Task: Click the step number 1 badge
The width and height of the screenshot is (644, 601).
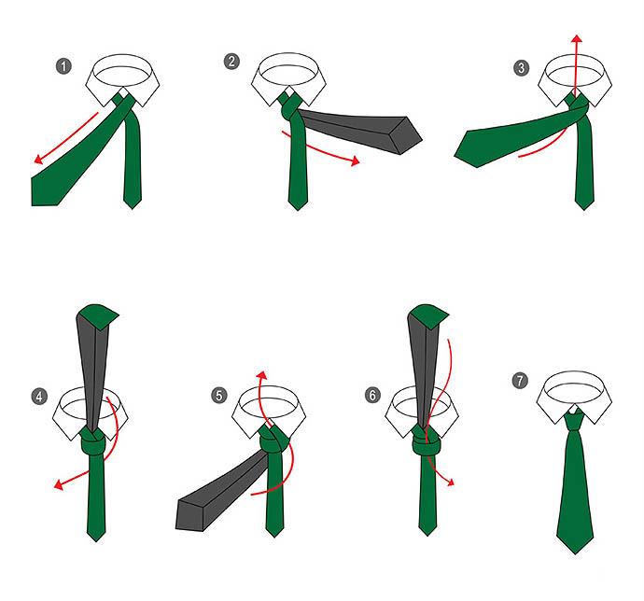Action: click(x=63, y=66)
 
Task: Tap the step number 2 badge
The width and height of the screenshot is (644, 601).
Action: click(x=231, y=62)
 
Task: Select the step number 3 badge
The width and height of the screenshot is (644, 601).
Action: click(x=522, y=68)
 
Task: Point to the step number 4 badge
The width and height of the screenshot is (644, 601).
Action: click(x=39, y=397)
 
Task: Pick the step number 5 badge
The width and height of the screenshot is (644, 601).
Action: click(x=219, y=396)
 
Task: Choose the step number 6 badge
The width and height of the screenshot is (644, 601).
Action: click(x=372, y=395)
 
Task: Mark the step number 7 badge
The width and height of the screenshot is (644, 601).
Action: click(x=520, y=381)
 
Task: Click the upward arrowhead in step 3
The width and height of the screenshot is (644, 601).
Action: click(x=577, y=38)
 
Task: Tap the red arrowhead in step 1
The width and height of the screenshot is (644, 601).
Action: click(x=39, y=159)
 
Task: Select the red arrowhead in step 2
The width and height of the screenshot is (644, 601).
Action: click(x=356, y=161)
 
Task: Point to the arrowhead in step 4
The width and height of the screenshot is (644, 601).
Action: click(x=59, y=484)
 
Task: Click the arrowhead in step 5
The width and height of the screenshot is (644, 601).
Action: click(x=261, y=374)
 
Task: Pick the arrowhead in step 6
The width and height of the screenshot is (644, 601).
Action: click(x=451, y=482)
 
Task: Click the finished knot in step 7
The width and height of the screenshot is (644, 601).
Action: click(x=575, y=420)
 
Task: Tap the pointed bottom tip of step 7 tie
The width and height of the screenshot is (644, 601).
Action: click(x=575, y=553)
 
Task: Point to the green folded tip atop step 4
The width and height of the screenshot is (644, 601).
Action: click(x=100, y=315)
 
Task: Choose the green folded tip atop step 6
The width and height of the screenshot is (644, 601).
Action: click(x=429, y=315)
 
